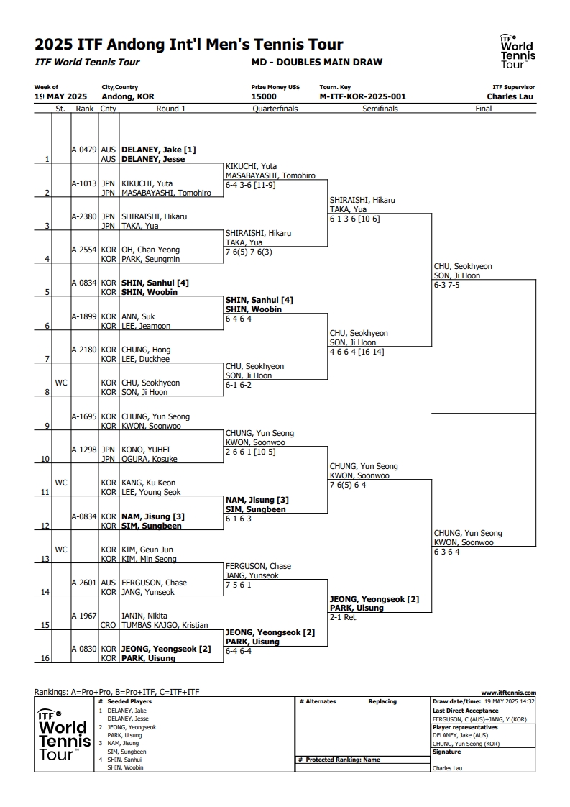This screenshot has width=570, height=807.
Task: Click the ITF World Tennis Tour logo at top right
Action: click(518, 51)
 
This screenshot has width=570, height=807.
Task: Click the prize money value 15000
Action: click(263, 96)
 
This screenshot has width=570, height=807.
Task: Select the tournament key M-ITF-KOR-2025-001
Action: click(362, 96)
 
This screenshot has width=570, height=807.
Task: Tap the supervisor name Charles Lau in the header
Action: click(510, 96)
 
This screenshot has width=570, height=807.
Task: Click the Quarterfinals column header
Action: click(275, 109)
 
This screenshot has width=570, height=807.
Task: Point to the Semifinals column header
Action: click(380, 109)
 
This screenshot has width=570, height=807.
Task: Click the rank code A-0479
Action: click(84, 150)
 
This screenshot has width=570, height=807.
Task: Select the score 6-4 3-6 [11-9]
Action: click(250, 185)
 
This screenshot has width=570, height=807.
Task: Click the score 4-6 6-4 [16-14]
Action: click(357, 352)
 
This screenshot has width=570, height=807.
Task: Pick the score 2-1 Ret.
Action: click(343, 617)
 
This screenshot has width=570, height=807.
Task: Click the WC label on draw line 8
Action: click(60, 383)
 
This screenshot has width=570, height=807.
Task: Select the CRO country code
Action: click(108, 625)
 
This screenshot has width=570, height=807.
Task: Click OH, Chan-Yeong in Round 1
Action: click(150, 250)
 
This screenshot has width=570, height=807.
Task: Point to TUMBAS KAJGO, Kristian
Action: click(165, 625)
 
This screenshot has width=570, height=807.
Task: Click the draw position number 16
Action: click(45, 658)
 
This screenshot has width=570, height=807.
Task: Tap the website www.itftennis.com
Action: click(508, 693)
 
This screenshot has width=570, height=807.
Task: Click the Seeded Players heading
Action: click(129, 701)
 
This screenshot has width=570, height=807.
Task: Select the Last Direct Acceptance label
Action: click(465, 711)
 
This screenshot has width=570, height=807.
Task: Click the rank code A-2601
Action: click(84, 583)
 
